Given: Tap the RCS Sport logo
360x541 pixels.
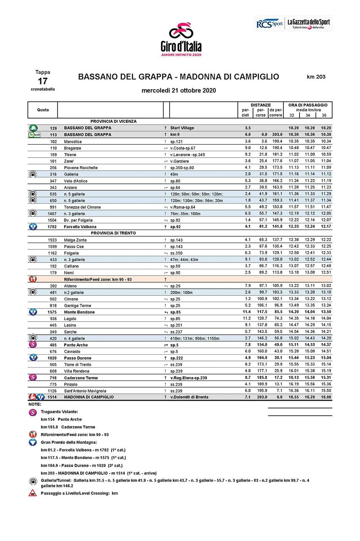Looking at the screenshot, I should click(x=269, y=24).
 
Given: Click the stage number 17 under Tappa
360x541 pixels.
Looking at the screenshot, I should click(x=43, y=81).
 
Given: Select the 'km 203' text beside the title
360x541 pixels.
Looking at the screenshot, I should click(x=316, y=77).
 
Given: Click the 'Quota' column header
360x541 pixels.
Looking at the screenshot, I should click(x=43, y=110).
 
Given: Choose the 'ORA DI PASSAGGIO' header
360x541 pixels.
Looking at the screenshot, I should click(x=308, y=105).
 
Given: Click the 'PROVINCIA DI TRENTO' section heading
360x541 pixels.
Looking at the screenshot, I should click(x=113, y=233).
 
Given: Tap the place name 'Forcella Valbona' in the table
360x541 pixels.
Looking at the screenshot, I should click(x=80, y=227).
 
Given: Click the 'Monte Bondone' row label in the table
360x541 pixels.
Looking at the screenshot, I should click(x=79, y=312).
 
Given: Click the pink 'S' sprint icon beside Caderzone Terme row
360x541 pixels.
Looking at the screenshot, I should click(x=33, y=377).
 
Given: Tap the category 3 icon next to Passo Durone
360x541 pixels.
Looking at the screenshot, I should click(x=33, y=358).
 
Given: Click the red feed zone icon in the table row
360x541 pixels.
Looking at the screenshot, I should click(x=33, y=279).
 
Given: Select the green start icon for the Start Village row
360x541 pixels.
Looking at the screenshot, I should click(x=33, y=128).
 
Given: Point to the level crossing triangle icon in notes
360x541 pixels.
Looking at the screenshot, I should click(x=33, y=493).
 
